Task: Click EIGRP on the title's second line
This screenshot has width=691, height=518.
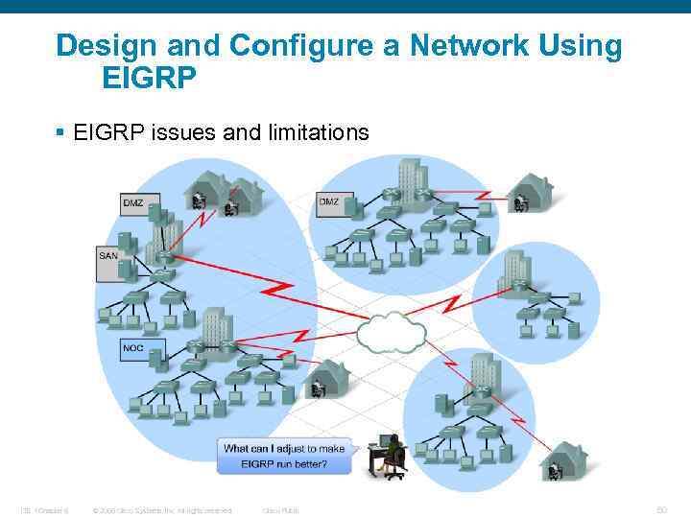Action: pyautogui.click(x=149, y=78)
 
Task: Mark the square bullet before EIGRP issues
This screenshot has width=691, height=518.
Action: pyautogui.click(x=62, y=132)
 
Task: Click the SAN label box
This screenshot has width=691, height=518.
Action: pyautogui.click(x=109, y=257)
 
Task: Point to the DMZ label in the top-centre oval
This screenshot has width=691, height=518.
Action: pyautogui.click(x=329, y=201)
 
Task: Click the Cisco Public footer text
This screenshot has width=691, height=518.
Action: pyautogui.click(x=280, y=510)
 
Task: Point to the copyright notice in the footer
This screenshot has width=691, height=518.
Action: pyautogui.click(x=161, y=510)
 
